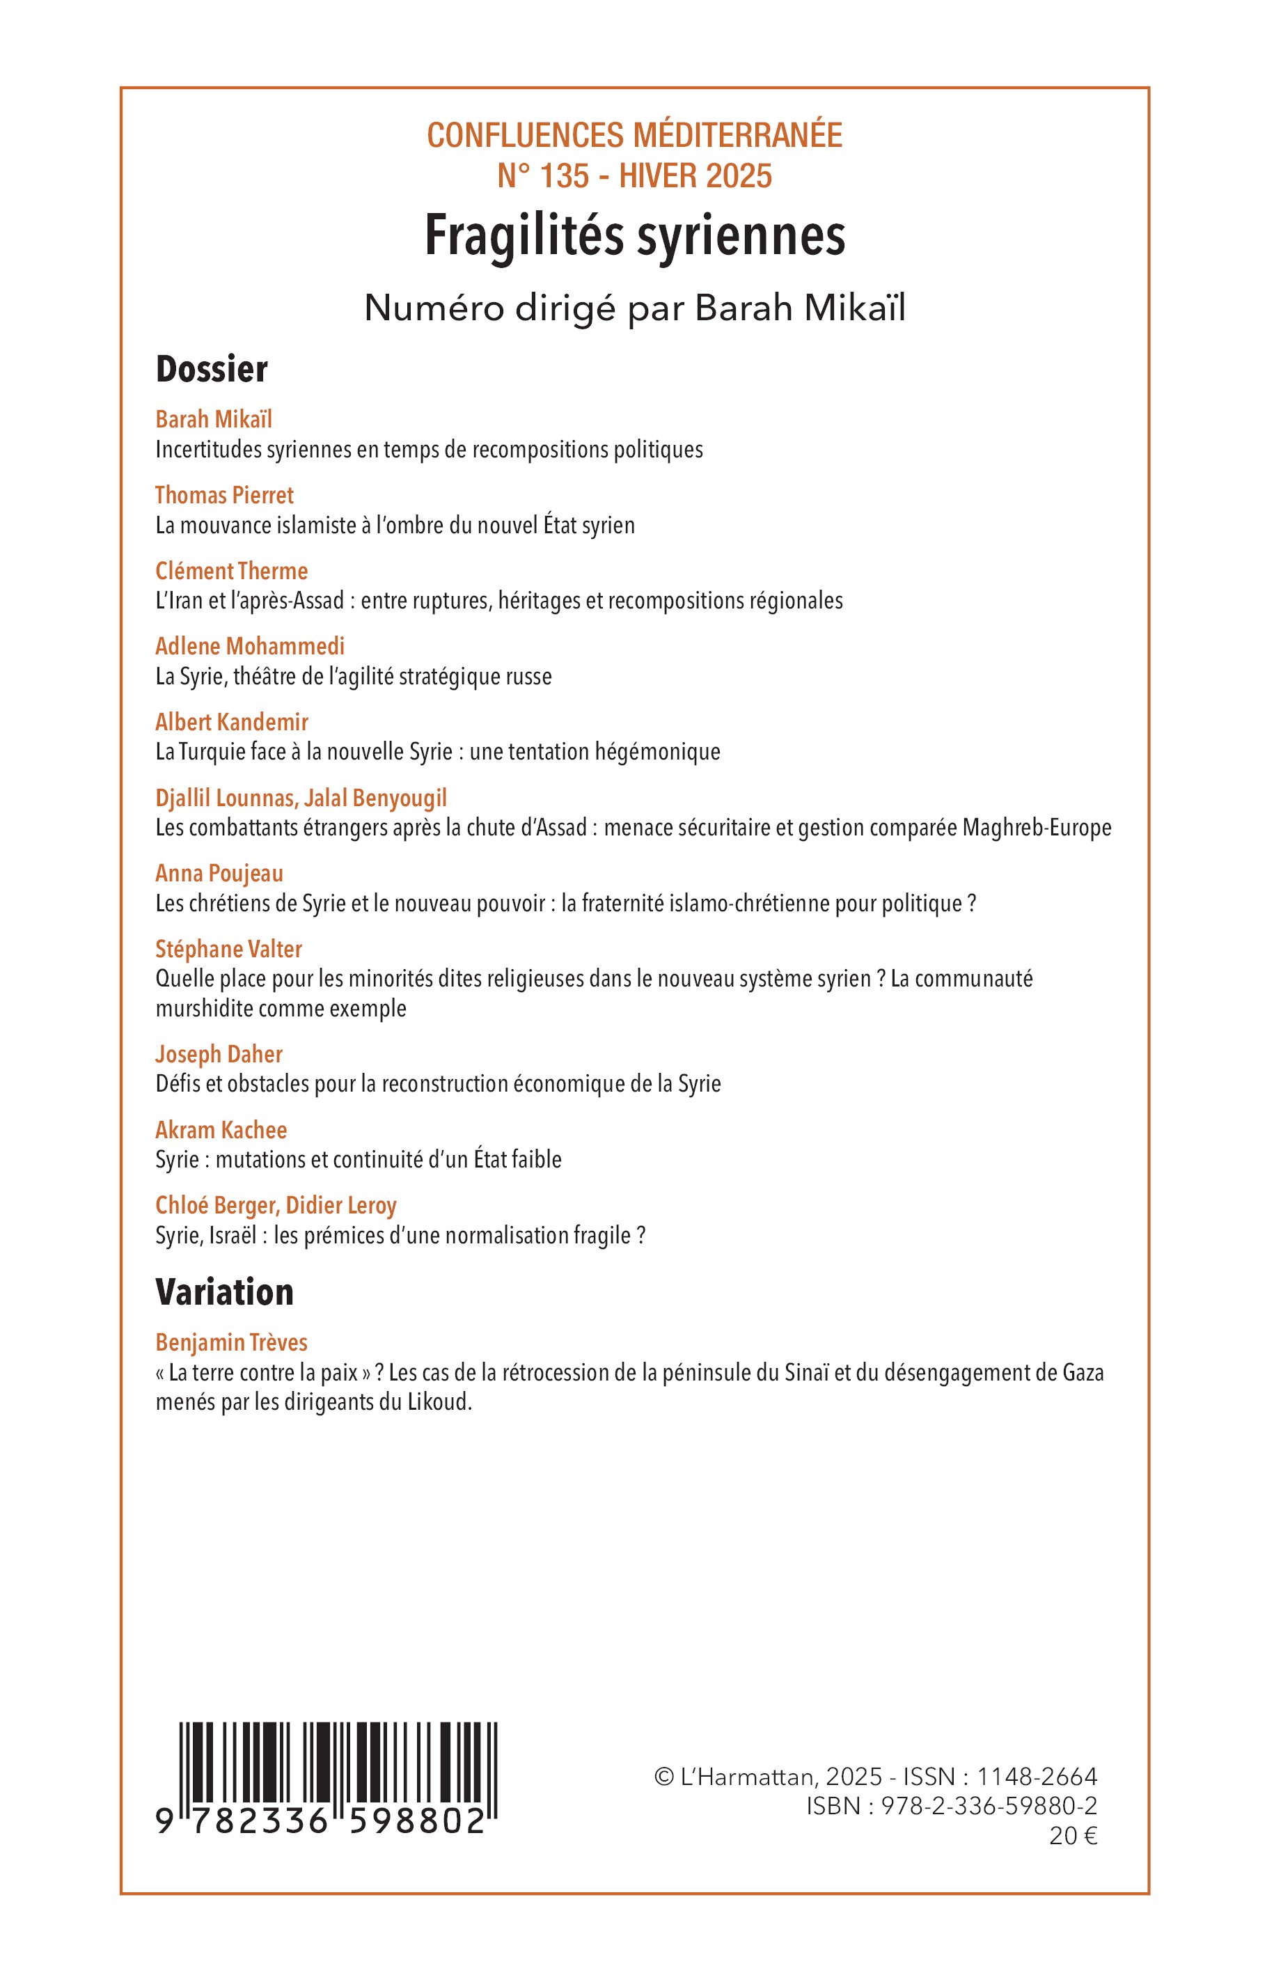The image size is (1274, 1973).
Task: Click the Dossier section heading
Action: (212, 369)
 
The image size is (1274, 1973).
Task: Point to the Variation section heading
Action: (224, 1292)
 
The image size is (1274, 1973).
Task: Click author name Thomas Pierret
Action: (224, 496)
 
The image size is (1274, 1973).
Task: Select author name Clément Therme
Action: (232, 571)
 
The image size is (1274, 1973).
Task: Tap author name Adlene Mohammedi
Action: (250, 646)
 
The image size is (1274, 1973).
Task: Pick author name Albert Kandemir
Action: (232, 722)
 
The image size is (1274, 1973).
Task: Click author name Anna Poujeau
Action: (219, 874)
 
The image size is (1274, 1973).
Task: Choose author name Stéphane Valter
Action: (228, 949)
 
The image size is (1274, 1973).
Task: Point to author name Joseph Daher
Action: (219, 1054)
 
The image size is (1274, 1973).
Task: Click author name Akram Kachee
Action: (221, 1130)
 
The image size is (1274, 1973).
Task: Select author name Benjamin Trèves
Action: (232, 1343)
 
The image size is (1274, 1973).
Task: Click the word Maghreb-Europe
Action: (1037, 827)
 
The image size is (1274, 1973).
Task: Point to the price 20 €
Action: (1073, 1836)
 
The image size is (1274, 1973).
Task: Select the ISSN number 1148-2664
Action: (1037, 1776)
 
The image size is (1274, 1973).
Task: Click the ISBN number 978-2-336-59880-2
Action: (989, 1806)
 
